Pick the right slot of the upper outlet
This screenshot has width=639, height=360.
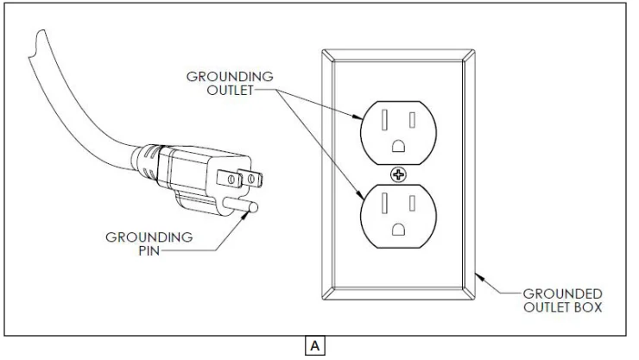point(414,118)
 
